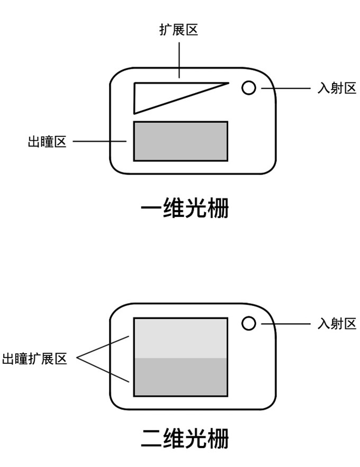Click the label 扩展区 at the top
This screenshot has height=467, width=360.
178,29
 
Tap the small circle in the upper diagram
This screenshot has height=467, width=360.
248,88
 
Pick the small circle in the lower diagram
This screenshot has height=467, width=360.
248,323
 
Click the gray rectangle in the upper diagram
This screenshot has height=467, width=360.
181,141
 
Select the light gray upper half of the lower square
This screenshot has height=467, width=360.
181,338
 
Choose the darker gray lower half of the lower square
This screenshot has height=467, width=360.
181,377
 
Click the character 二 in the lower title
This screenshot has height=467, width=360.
151,438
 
